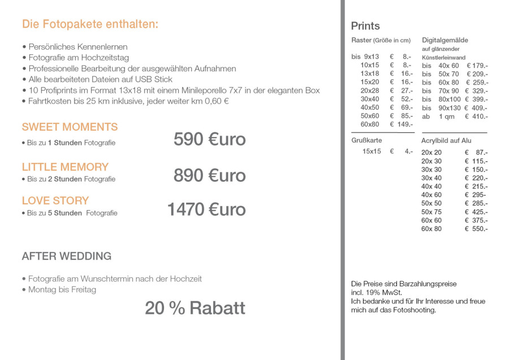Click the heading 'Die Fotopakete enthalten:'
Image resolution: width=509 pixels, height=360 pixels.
tap(90, 24)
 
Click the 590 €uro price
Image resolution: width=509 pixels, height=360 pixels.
tap(209, 139)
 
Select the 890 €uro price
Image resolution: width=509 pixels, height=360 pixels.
tap(209, 175)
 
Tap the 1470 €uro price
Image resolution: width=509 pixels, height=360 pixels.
tap(206, 209)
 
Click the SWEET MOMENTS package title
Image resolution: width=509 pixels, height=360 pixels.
tap(70, 127)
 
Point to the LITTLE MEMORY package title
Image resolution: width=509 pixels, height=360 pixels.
tap(65, 167)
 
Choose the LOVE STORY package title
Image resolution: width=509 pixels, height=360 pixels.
tap(55, 200)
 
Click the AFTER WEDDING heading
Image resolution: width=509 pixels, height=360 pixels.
tap(66, 256)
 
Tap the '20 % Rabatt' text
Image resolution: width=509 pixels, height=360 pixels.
tap(195, 308)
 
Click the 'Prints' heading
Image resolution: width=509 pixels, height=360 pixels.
tap(365, 26)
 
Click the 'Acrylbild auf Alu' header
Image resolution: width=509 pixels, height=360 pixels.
tap(446, 140)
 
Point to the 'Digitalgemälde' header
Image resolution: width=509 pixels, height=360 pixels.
tap(445, 40)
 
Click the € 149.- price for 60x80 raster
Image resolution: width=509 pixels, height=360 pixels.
tap(402, 125)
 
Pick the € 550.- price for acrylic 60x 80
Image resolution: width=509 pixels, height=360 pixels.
tap(476, 229)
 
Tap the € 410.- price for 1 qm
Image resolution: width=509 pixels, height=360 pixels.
tap(476, 116)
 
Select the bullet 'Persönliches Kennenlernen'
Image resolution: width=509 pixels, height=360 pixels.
tap(77, 47)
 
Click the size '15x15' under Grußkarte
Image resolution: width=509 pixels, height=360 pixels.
tap(372, 151)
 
